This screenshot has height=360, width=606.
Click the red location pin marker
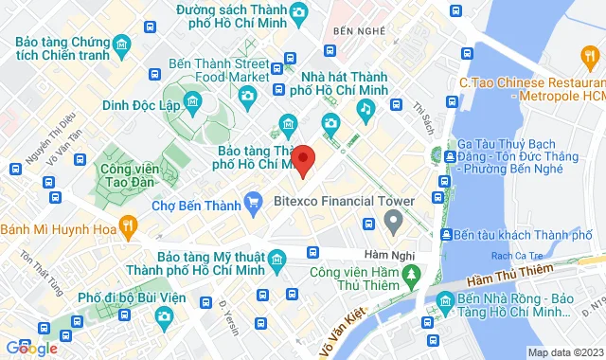(x=302, y=158)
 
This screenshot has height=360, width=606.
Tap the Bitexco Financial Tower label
(x=344, y=201)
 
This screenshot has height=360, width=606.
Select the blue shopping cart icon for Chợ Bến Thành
(x=253, y=201)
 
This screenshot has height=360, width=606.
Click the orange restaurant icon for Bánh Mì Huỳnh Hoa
(x=130, y=225)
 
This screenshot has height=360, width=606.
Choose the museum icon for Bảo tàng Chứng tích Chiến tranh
(x=121, y=46)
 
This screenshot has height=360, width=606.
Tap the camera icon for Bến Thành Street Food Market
(x=247, y=94)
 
